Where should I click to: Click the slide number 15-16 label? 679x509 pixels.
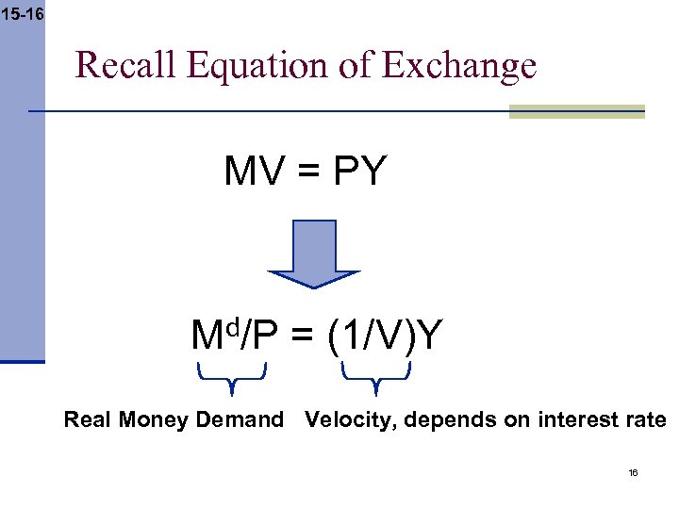[x=22, y=13]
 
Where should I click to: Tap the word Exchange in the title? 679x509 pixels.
[x=459, y=66]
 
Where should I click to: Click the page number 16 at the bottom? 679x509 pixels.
[x=633, y=471]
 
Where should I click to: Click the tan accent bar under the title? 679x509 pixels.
[x=576, y=111]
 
